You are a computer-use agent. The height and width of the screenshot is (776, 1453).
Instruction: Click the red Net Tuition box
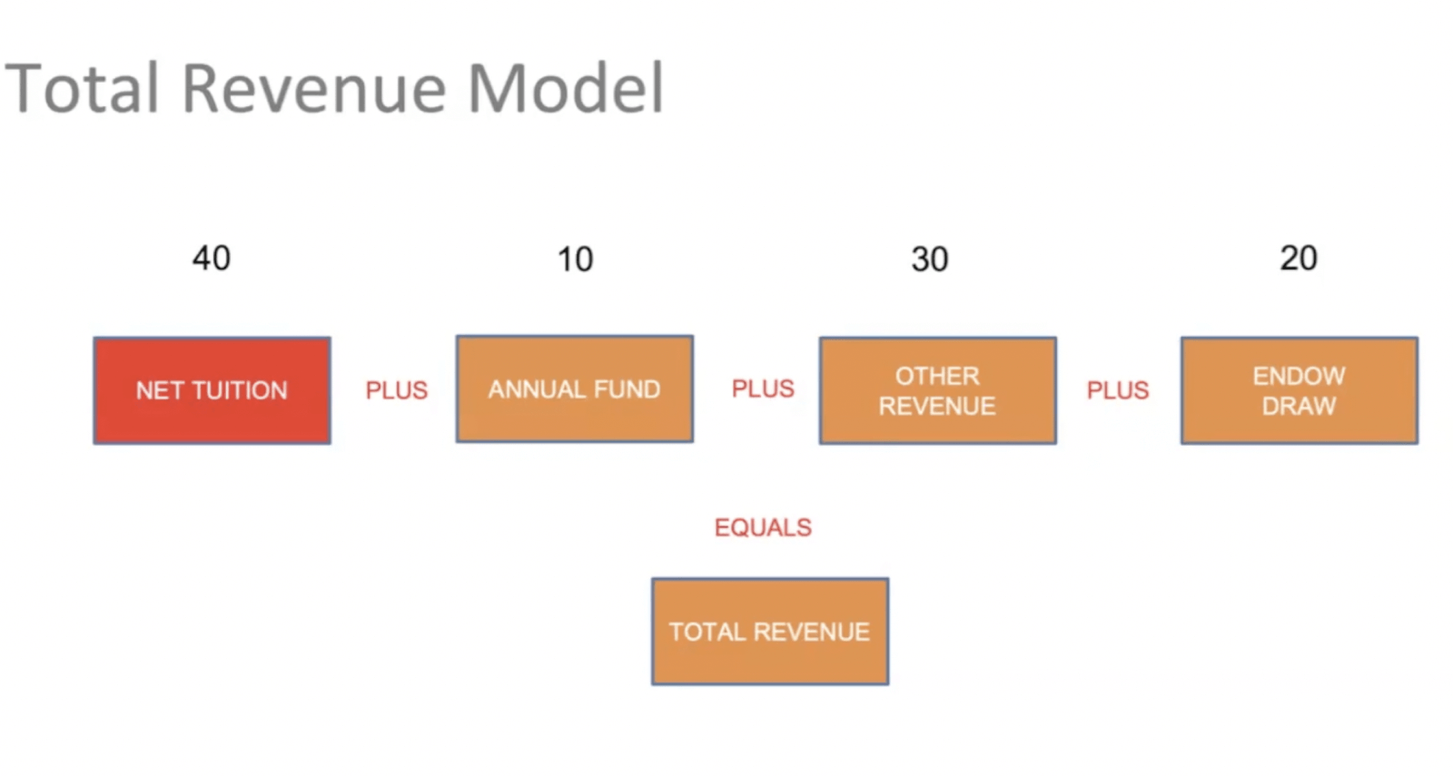point(213,390)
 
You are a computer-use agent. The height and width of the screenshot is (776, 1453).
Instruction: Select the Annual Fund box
point(575,389)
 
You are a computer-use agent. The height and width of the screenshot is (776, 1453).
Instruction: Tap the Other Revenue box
point(938,390)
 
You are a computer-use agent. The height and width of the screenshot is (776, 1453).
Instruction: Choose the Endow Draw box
point(1300,390)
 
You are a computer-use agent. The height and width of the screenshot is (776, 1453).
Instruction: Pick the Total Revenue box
point(771,632)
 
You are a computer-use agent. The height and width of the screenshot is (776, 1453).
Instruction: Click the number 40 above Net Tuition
point(212,258)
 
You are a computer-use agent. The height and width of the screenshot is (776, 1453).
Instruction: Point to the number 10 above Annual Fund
point(576,260)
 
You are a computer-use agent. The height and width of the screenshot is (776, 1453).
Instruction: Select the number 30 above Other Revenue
point(930,260)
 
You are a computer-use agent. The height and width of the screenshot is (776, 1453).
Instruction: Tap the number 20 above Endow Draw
point(1299,258)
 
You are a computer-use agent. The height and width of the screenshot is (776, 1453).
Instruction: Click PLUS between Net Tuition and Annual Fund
point(397,390)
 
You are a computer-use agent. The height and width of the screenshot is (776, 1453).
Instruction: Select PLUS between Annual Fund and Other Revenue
point(763,389)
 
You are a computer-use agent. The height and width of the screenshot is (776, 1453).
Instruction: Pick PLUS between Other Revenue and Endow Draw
point(1118,390)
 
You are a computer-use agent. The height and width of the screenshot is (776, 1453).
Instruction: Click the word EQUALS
point(764,527)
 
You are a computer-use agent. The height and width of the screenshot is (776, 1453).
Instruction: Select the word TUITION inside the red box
point(240,390)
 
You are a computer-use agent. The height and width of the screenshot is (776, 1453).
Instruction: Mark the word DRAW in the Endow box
point(1300,406)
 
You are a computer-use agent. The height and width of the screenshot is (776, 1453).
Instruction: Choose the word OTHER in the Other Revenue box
point(938,376)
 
